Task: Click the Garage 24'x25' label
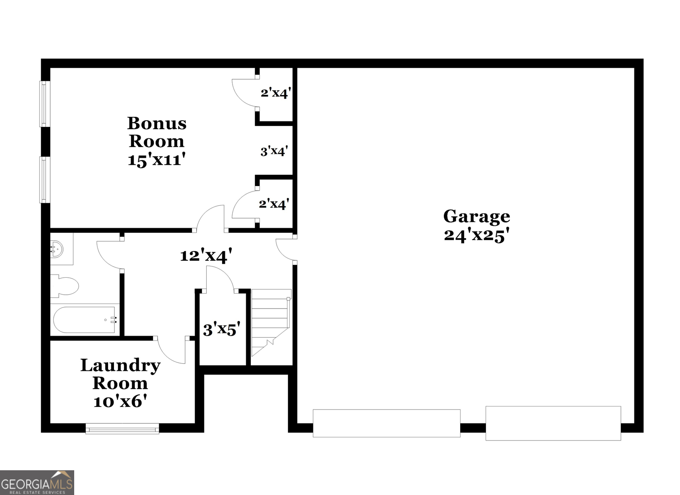pyautogui.click(x=476, y=226)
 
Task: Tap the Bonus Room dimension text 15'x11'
pyautogui.click(x=156, y=159)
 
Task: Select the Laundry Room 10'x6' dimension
pyautogui.click(x=120, y=401)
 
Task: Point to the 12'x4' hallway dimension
pyautogui.click(x=206, y=255)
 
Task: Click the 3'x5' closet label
pyautogui.click(x=221, y=329)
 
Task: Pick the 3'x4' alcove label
pyautogui.click(x=274, y=151)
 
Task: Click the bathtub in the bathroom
pyautogui.click(x=84, y=320)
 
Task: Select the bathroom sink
pyautogui.click(x=57, y=249)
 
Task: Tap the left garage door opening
pyautogui.click(x=386, y=423)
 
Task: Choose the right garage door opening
pyautogui.click(x=553, y=423)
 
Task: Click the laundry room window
pyautogui.click(x=122, y=428)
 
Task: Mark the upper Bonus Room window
pyautogui.click(x=45, y=104)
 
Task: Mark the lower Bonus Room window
pyautogui.click(x=45, y=179)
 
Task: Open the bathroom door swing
pyautogui.click(x=109, y=253)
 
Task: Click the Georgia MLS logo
pyautogui.click(x=37, y=482)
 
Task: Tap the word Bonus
pyautogui.click(x=157, y=124)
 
